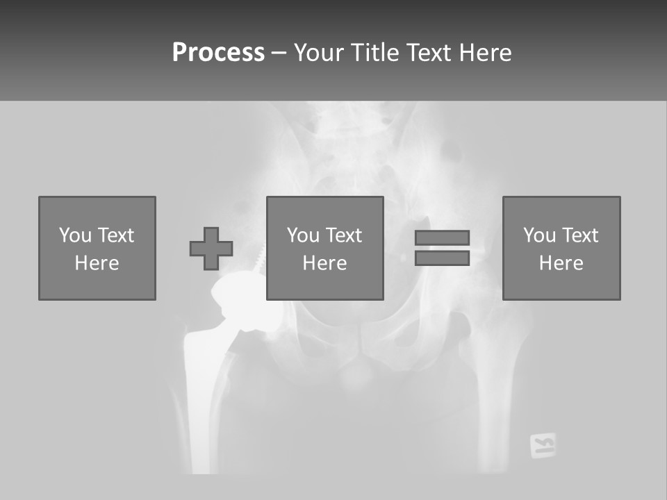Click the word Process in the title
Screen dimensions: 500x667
click(x=218, y=53)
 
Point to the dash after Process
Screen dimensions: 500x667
click(x=279, y=53)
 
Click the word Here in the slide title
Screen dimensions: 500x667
click(x=486, y=53)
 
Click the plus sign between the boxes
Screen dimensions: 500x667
click(x=211, y=249)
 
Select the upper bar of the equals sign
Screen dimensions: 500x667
click(x=442, y=237)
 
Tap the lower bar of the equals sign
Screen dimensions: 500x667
click(x=442, y=258)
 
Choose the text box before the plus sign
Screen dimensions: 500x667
click(x=97, y=248)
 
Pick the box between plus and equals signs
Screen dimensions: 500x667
click(x=324, y=248)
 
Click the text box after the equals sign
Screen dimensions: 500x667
click(x=561, y=248)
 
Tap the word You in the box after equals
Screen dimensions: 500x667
click(x=539, y=235)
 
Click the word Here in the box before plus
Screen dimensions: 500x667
click(x=97, y=262)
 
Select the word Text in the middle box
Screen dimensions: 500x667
click(x=343, y=235)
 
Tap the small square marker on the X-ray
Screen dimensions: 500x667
click(x=543, y=445)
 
